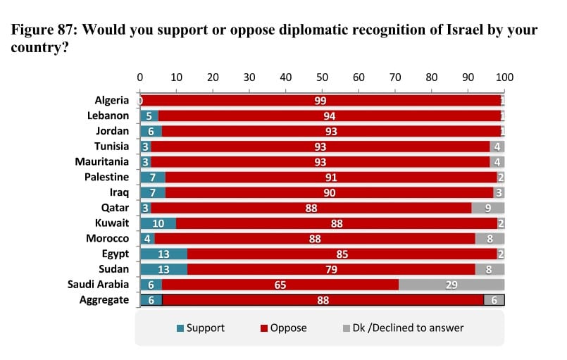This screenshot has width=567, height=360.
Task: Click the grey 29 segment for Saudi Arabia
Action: pyautogui.click(x=451, y=285)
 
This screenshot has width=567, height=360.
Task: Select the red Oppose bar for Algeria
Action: pyautogui.click(x=320, y=101)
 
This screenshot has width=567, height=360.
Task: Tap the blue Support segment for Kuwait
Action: pyautogui.click(x=158, y=223)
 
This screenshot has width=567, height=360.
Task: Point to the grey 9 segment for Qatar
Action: pyautogui.click(x=488, y=208)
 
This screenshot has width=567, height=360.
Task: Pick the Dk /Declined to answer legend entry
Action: pyautogui.click(x=403, y=328)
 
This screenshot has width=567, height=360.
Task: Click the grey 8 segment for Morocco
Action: pyautogui.click(x=490, y=239)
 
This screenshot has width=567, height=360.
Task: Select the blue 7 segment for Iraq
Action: pyautogui.click(x=152, y=192)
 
